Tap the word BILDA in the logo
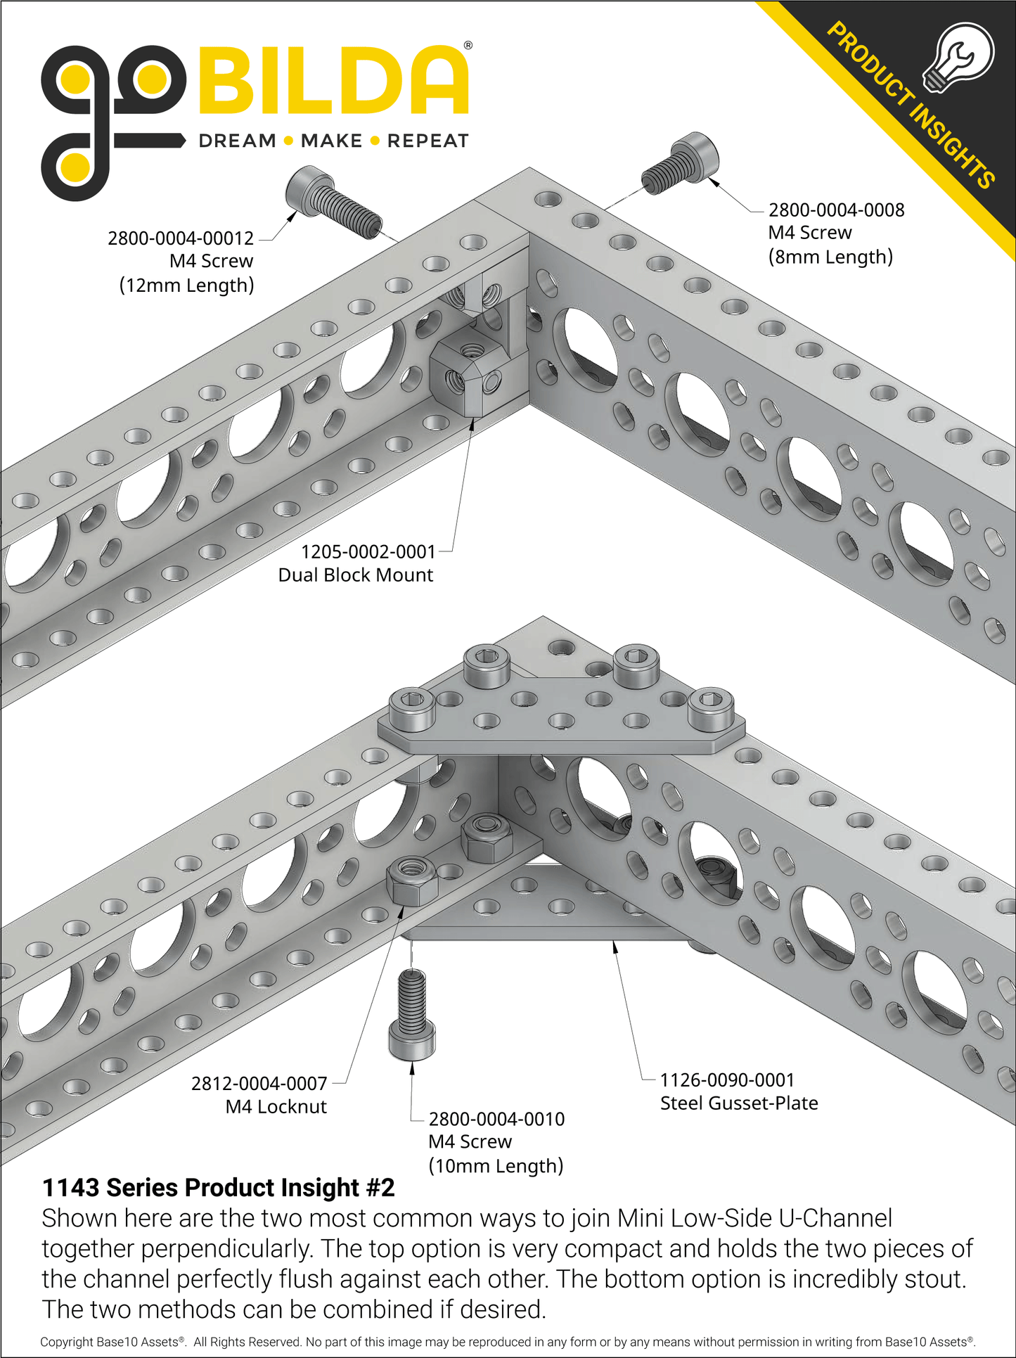335,82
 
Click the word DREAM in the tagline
237,141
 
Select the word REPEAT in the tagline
427,141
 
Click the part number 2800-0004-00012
180,238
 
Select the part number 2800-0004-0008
836,210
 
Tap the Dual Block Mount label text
355,575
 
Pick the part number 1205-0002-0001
368,552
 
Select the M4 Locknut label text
276,1107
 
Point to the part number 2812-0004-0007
259,1084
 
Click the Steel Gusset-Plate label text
739,1103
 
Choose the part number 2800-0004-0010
496,1119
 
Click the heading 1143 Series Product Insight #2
219,1188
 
